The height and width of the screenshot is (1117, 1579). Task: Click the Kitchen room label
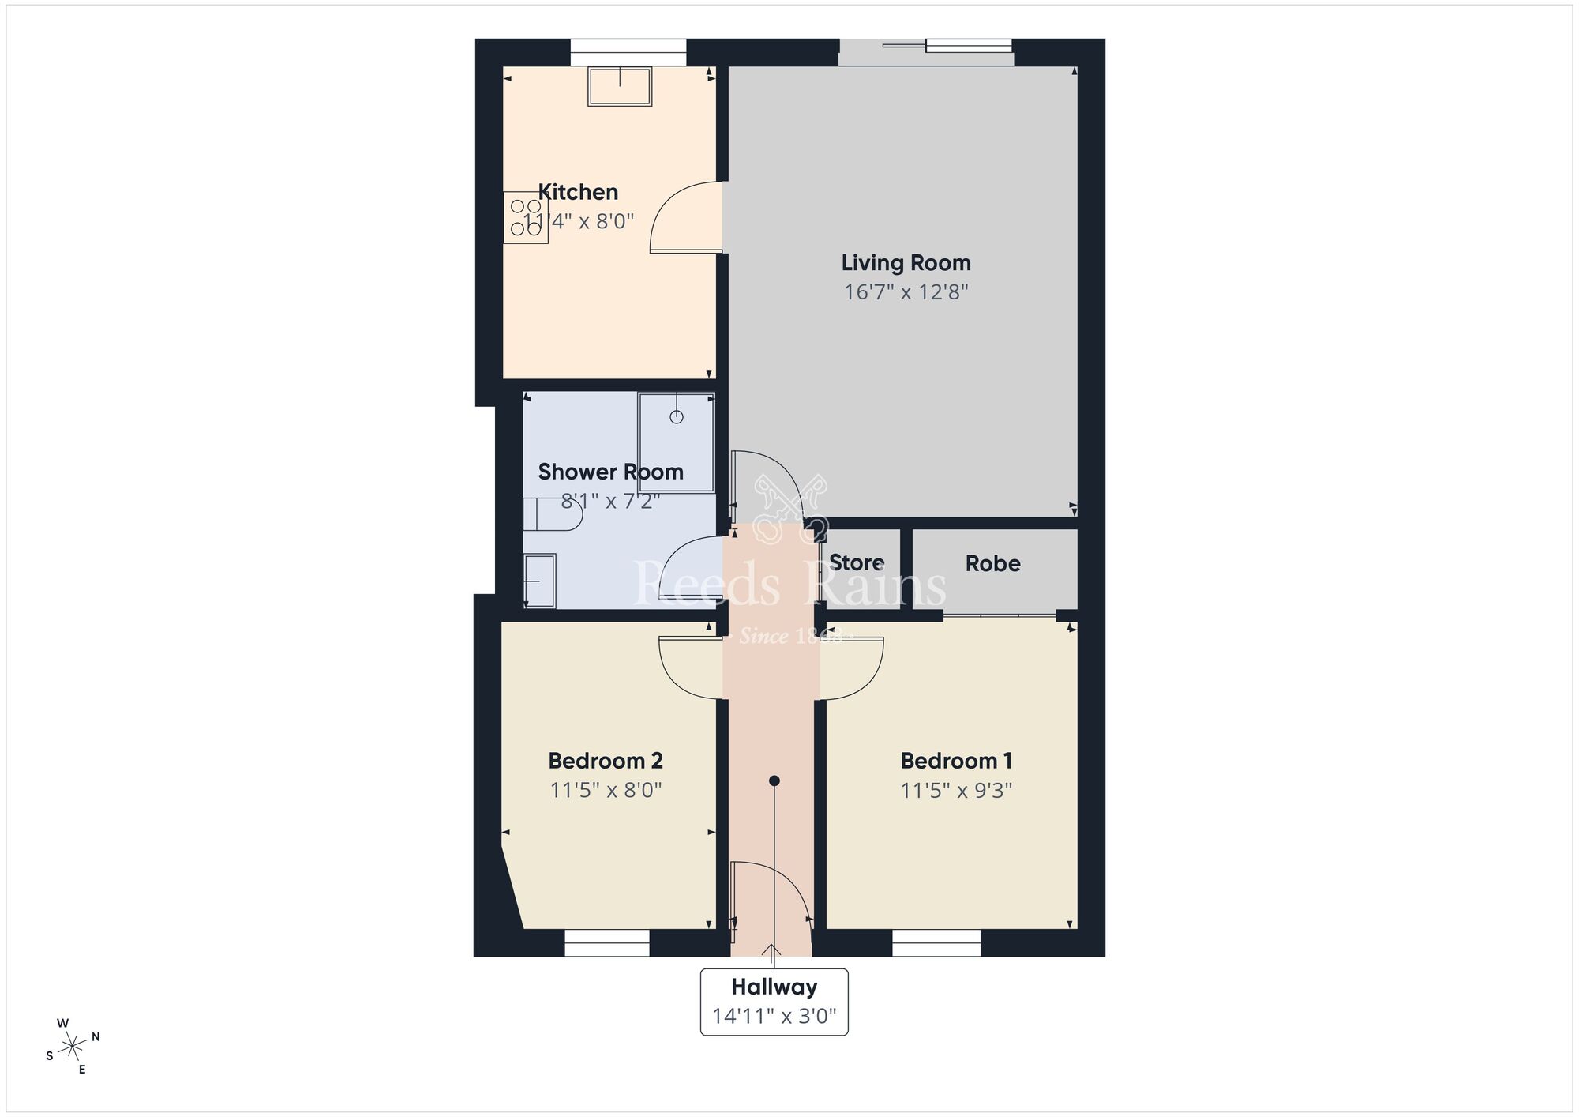[578, 192]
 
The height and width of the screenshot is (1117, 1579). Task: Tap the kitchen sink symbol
[620, 86]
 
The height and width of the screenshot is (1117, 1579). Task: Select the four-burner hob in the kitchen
[526, 217]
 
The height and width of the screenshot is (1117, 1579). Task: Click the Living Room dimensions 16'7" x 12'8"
[906, 292]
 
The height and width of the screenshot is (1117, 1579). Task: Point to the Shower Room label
[610, 472]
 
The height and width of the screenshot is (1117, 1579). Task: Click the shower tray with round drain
[677, 442]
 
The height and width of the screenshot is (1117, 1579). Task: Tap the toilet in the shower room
[553, 514]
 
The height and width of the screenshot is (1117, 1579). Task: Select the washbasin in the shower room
[539, 581]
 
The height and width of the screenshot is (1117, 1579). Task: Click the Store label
[857, 563]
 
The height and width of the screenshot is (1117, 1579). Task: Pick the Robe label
[992, 563]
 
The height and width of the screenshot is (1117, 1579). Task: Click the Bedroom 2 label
[606, 761]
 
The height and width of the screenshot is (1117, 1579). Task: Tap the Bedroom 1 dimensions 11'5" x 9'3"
[956, 790]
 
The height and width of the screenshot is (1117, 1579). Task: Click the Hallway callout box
[774, 1001]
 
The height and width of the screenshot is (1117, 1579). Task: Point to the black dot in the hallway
[774, 780]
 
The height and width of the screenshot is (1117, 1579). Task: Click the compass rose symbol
[73, 1047]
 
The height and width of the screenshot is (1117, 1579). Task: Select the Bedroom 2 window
[606, 942]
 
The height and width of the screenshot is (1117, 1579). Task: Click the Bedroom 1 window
[936, 942]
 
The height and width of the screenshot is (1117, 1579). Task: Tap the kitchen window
[628, 52]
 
